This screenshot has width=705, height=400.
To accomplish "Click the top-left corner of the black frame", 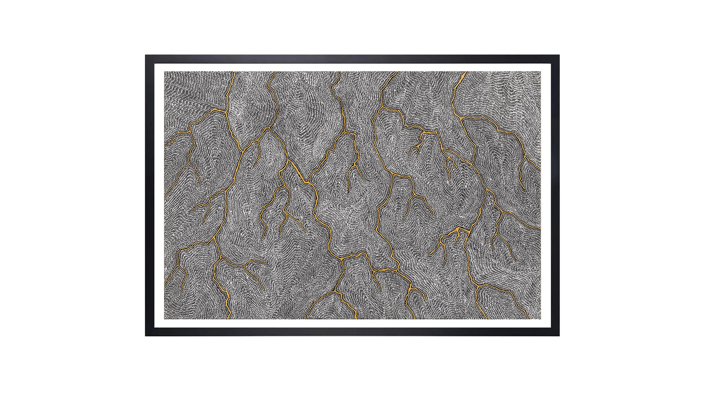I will tap(145, 55).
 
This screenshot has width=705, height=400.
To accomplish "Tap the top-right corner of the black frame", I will tap(559, 55).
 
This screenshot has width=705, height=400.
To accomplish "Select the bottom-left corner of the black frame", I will tap(145, 336).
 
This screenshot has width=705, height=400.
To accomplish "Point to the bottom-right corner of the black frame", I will tap(559, 336).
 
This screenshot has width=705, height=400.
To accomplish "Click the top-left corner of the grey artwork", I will tap(164, 72).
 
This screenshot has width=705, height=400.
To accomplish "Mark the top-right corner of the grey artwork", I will tap(540, 72).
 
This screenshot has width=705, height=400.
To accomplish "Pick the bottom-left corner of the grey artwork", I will tap(164, 319).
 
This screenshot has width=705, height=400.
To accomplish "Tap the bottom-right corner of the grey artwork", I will tap(540, 319).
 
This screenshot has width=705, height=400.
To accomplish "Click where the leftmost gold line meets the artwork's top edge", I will tap(235, 73).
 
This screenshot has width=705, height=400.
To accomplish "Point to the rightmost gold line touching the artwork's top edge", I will tap(464, 73).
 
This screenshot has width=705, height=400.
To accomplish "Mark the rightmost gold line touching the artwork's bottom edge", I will tap(527, 318).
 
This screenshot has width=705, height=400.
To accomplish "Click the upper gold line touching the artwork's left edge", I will tap(165, 144).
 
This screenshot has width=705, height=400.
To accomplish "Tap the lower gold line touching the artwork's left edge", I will tap(165, 283).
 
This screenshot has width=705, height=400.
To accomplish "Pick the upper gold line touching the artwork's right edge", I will tap(539, 169).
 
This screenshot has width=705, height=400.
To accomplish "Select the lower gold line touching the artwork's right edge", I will tap(539, 227).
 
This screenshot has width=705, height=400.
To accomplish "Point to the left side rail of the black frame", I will tap(150, 195).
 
